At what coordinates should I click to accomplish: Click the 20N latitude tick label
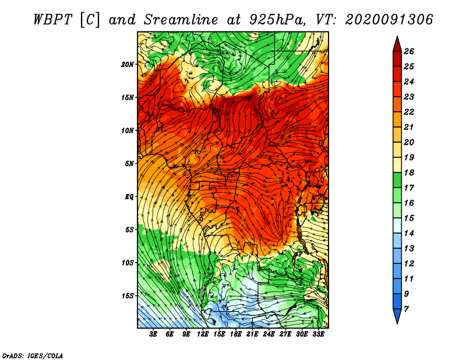click(x=128, y=64)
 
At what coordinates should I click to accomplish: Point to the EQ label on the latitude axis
click(x=129, y=196)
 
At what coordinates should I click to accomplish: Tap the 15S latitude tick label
click(x=128, y=295)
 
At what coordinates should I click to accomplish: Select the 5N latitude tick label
click(x=129, y=163)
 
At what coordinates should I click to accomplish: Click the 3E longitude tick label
click(x=153, y=334)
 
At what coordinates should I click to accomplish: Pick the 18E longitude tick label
click(x=236, y=334)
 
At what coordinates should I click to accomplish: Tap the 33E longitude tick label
click(x=318, y=334)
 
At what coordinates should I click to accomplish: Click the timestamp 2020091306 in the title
click(x=389, y=19)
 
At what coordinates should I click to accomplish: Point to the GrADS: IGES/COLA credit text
click(x=32, y=354)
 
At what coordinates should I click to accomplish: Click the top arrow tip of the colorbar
click(x=397, y=37)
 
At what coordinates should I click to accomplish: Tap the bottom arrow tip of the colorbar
click(x=397, y=322)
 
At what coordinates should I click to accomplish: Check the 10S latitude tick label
click(x=128, y=263)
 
